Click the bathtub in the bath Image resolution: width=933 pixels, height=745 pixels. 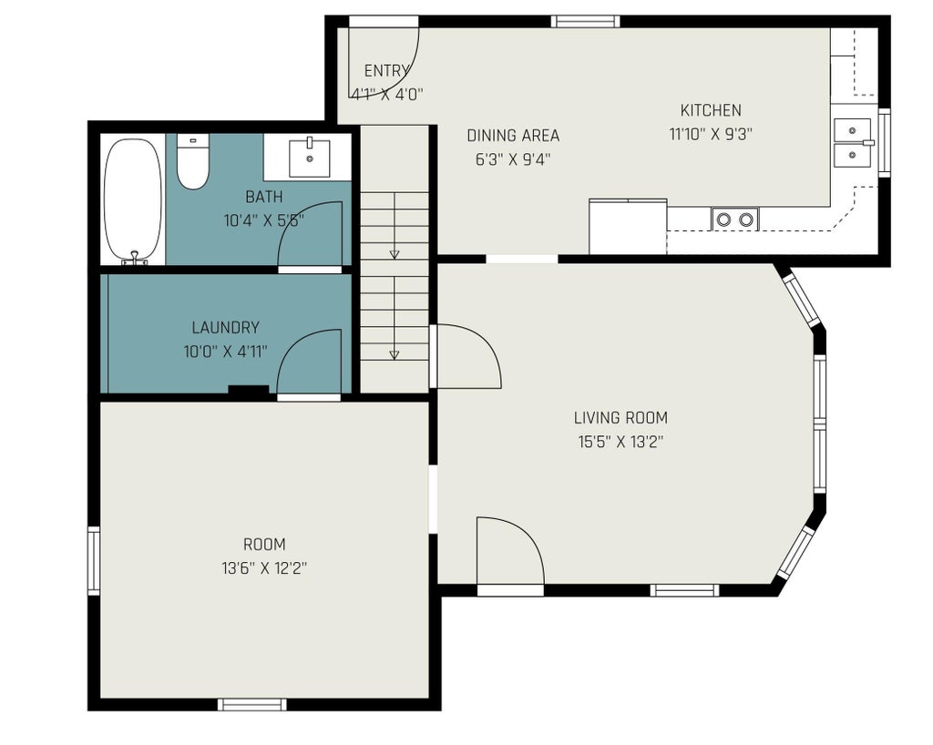pyautogui.click(x=133, y=201)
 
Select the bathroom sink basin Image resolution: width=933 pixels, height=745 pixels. pyautogui.click(x=310, y=158)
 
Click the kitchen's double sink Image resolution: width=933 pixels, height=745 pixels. pyautogui.click(x=853, y=143)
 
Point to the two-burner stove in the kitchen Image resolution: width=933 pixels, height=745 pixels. pyautogui.click(x=735, y=219)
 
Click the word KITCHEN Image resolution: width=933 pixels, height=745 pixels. pyautogui.click(x=711, y=110)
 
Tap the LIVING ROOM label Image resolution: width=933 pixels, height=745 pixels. pyautogui.click(x=620, y=417)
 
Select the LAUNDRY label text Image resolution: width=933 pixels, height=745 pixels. pyautogui.click(x=226, y=328)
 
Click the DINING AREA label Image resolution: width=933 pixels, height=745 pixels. pyautogui.click(x=513, y=136)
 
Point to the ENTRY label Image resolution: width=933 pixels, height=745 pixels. pyautogui.click(x=386, y=71)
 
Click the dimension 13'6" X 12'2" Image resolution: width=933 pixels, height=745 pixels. pyautogui.click(x=264, y=568)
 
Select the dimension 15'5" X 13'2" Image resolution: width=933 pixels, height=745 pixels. pyautogui.click(x=620, y=442)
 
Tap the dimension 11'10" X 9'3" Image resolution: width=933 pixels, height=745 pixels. pyautogui.click(x=711, y=135)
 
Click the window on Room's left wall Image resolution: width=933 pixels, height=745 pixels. pyautogui.click(x=94, y=560)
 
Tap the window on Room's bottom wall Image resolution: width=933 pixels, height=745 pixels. pyautogui.click(x=251, y=705)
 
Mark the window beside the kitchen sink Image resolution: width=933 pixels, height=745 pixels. pyautogui.click(x=885, y=143)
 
